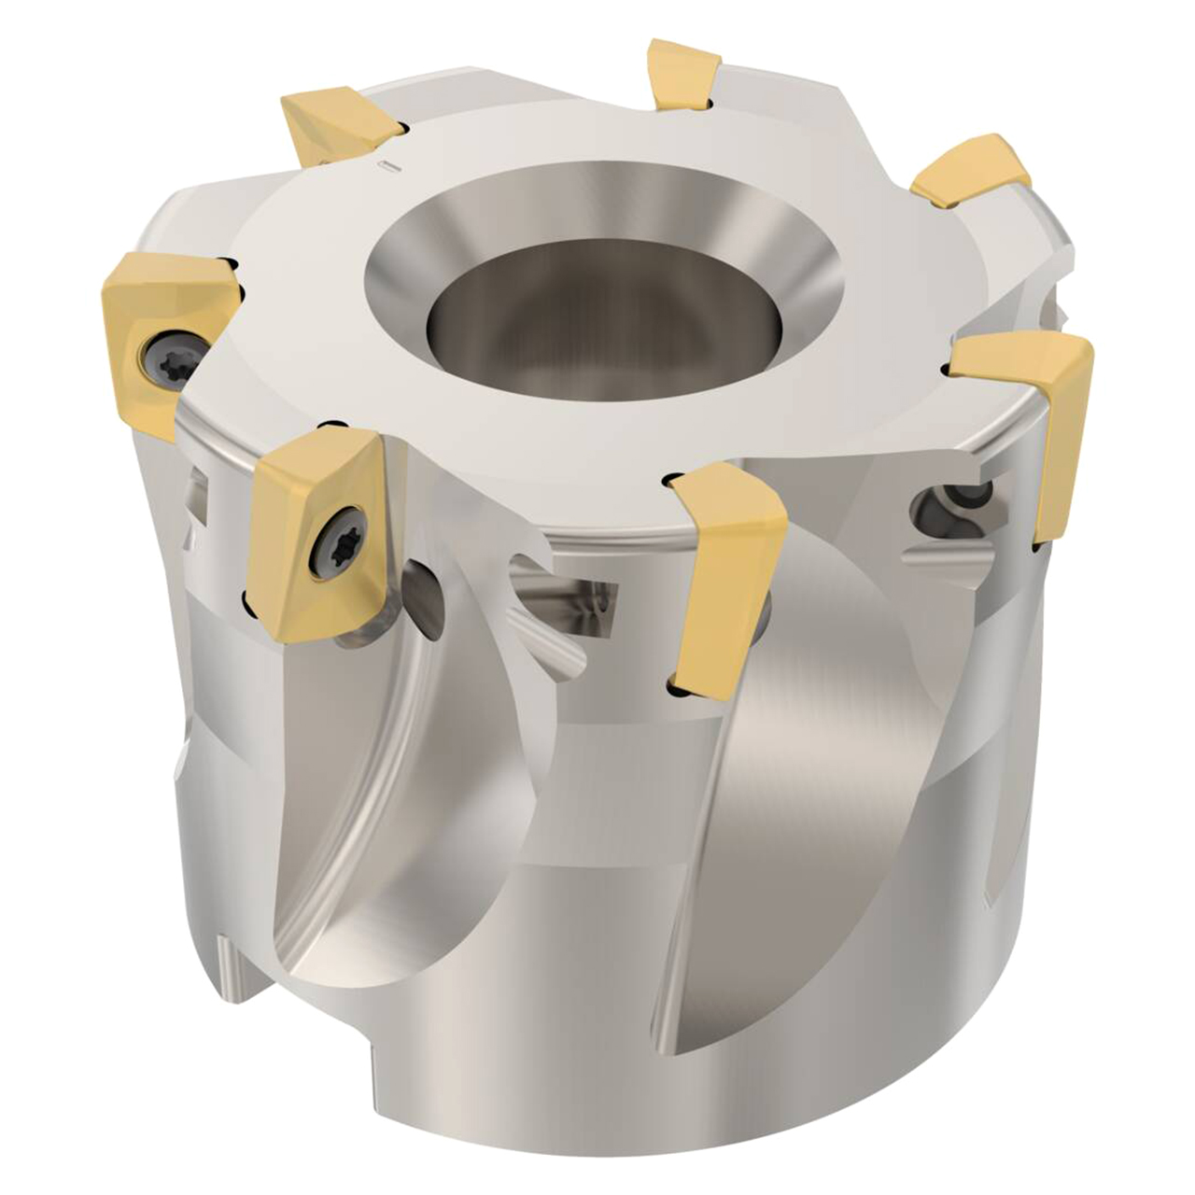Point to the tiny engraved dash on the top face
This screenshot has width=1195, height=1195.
pos(389,166)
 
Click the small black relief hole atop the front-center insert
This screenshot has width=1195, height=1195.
pos(669,481)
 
